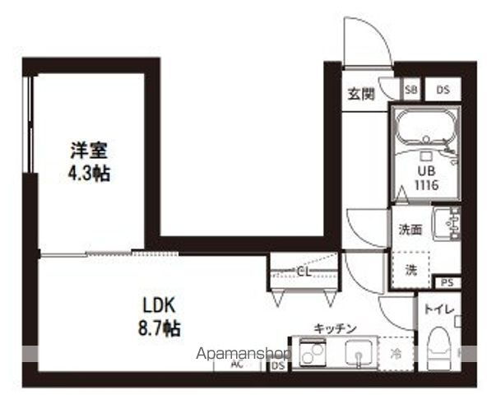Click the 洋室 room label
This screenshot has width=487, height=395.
point(90,151)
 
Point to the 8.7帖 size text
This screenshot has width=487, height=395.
point(159,326)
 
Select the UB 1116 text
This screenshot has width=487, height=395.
point(425,178)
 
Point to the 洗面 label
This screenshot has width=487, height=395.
point(410,230)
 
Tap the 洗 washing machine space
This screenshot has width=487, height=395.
point(410,268)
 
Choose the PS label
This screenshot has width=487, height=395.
point(447,283)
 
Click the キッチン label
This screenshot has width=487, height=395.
point(335,328)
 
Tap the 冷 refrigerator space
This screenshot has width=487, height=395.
point(396,355)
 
